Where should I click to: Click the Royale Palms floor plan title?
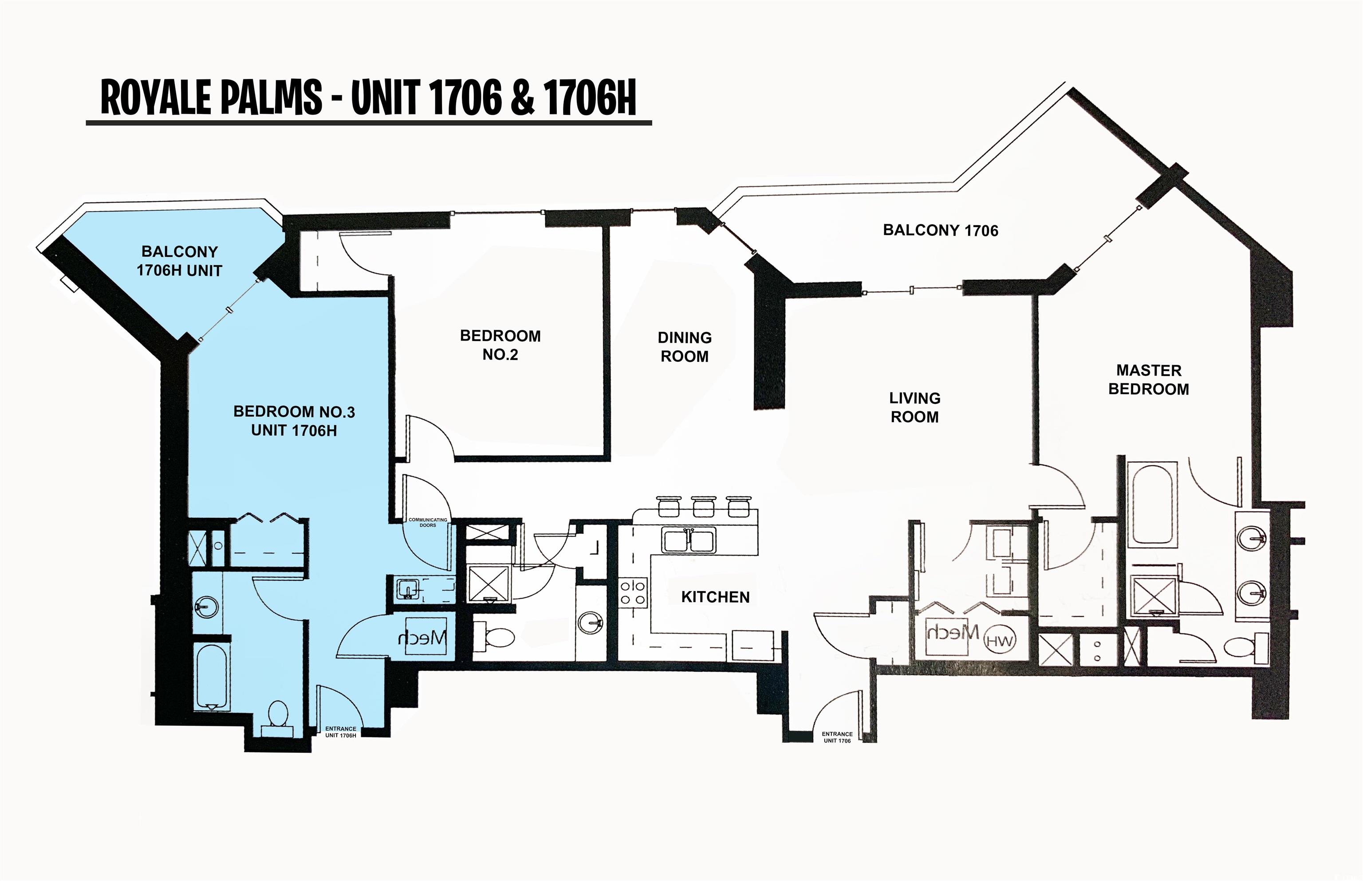[x=368, y=98]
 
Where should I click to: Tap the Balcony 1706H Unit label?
[x=179, y=261]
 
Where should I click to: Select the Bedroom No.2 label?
[x=500, y=345]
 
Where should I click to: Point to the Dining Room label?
[x=685, y=347]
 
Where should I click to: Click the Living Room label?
[x=915, y=407]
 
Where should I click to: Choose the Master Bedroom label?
[x=1149, y=380]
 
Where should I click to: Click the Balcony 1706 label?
[x=941, y=231]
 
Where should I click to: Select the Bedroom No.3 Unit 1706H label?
[x=294, y=421]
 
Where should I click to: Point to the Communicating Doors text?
[x=428, y=522]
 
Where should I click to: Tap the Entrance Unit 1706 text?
[x=837, y=737]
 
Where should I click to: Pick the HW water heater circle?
[x=999, y=641]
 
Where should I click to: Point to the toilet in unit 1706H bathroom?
[x=278, y=717]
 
